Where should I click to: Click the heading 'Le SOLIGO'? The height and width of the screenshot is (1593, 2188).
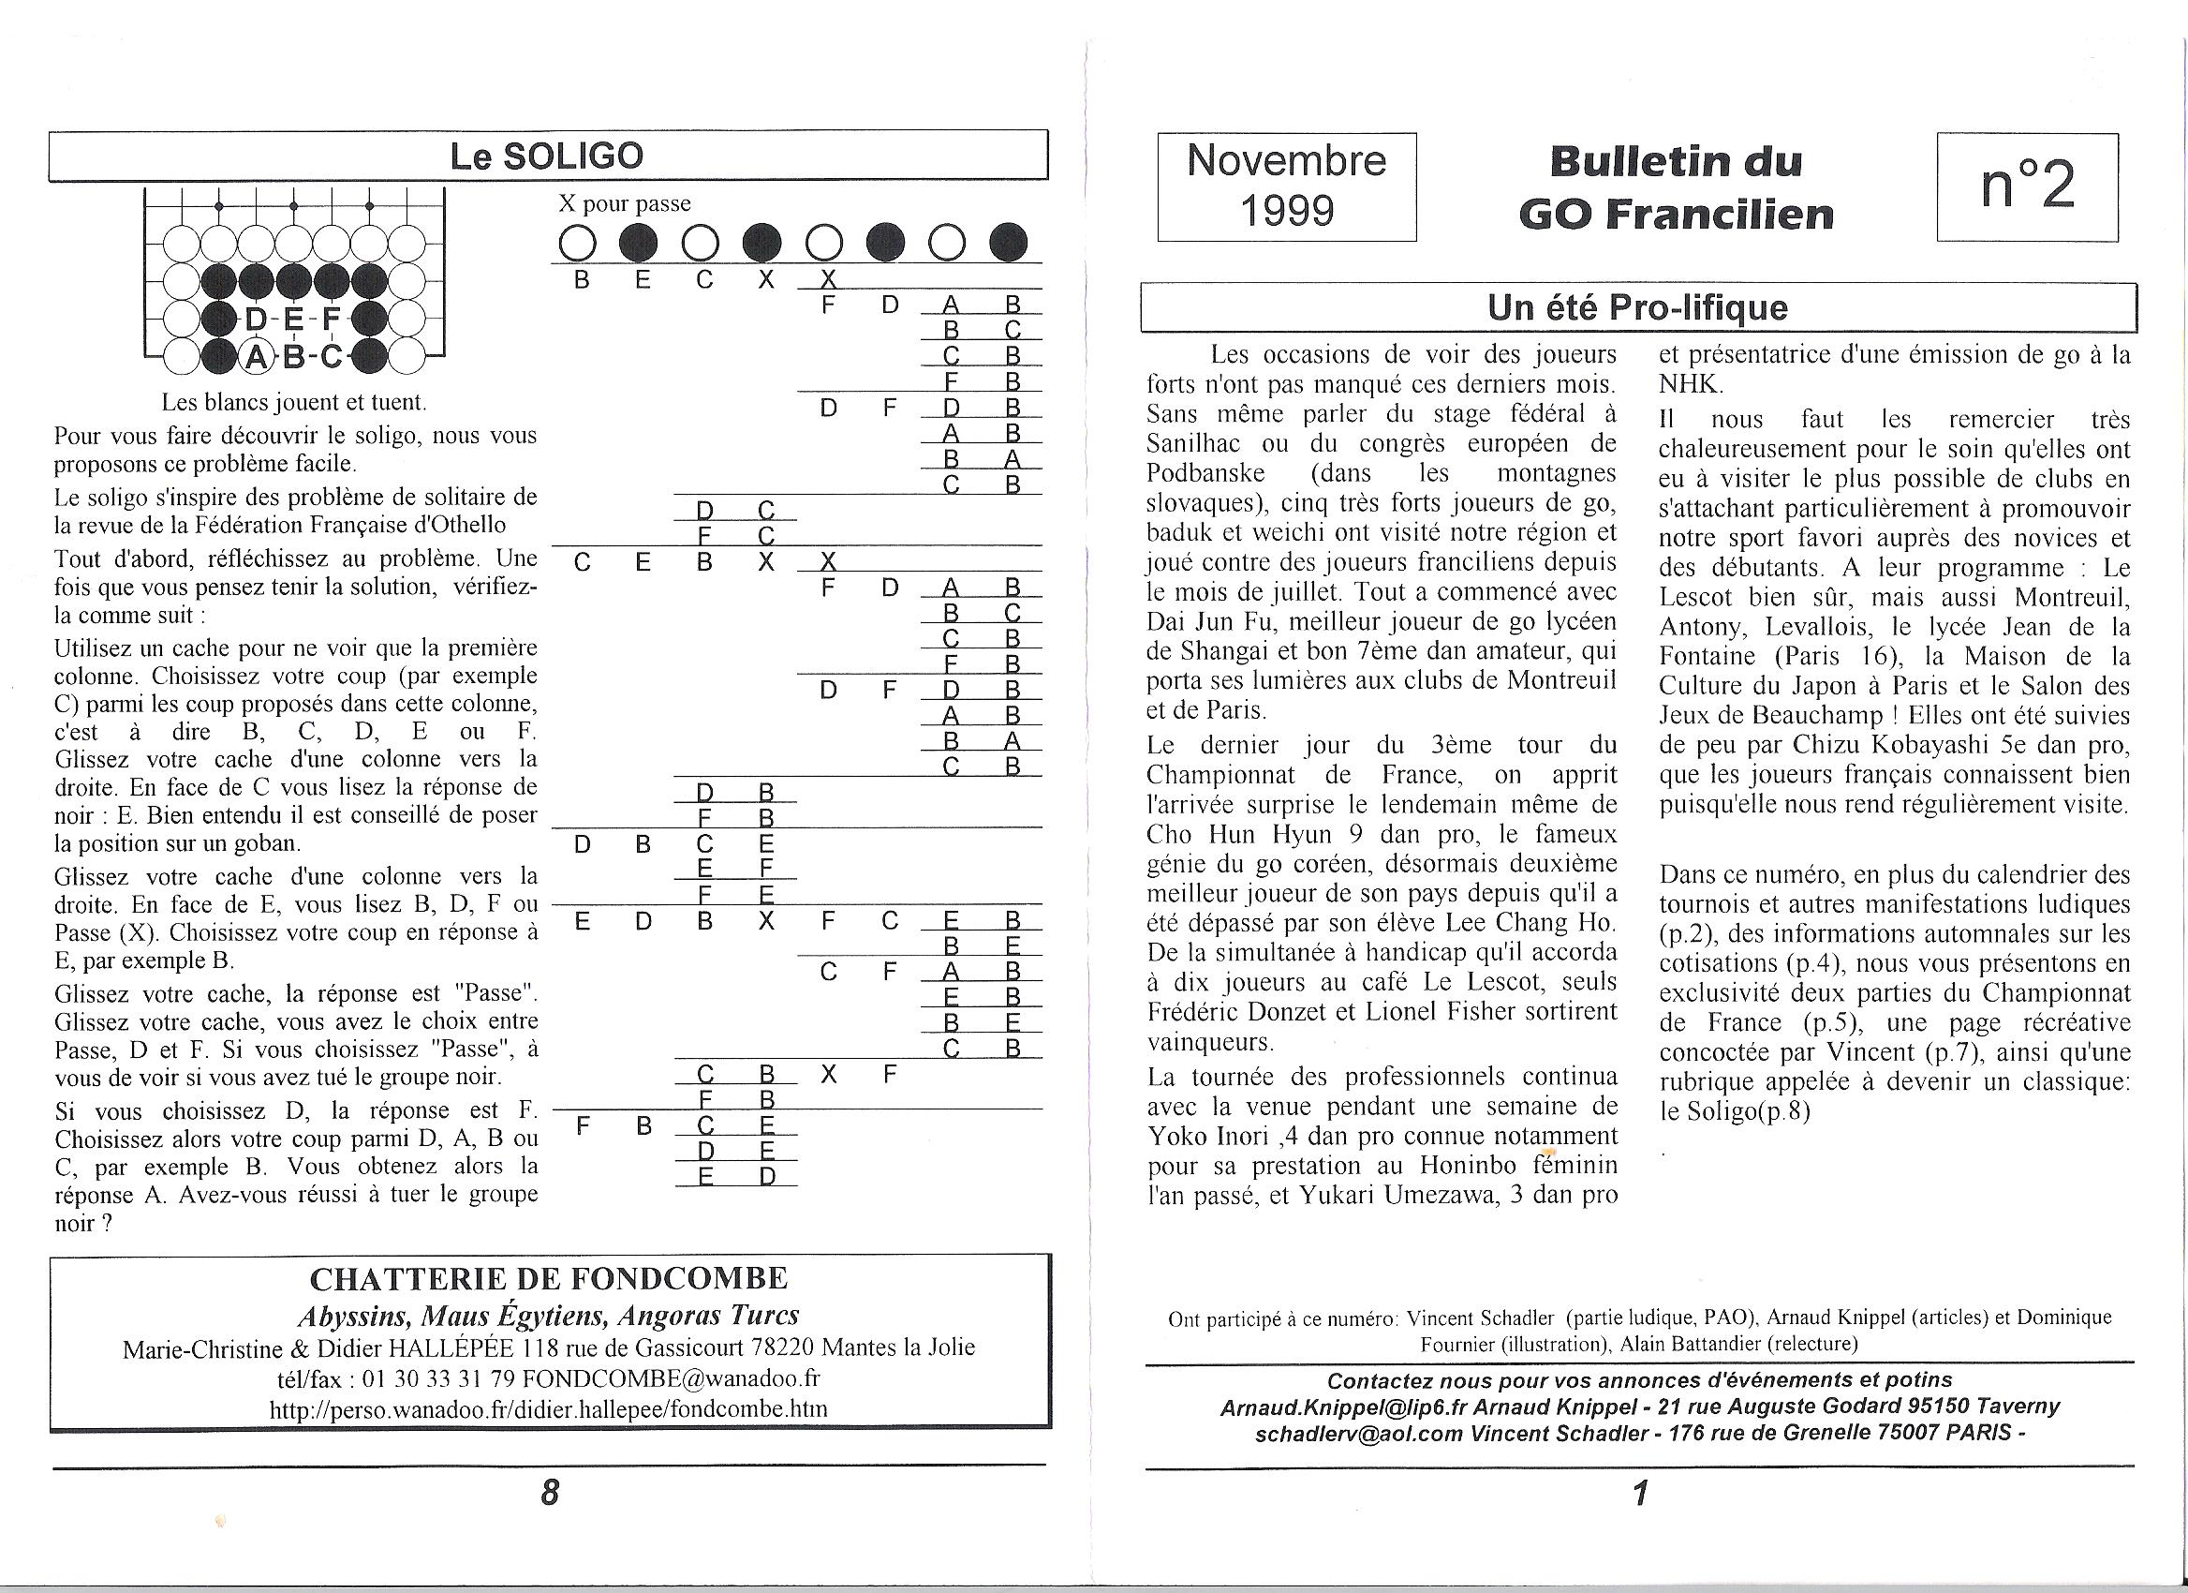click(x=546, y=156)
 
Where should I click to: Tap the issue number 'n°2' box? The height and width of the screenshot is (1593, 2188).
click(x=2027, y=186)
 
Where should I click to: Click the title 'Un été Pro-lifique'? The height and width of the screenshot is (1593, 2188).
click(x=1637, y=307)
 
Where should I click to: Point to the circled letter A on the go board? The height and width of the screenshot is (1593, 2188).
click(x=256, y=357)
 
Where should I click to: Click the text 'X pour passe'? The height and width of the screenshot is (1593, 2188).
click(x=624, y=203)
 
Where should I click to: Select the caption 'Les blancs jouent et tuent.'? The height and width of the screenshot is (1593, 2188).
click(x=293, y=401)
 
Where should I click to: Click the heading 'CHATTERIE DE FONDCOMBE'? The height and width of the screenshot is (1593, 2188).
click(x=548, y=1279)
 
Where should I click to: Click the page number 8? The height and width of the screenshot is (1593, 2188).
click(x=550, y=1493)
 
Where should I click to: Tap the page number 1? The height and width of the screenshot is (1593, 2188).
click(x=1639, y=1494)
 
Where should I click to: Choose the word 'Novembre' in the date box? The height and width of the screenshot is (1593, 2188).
click(x=1287, y=161)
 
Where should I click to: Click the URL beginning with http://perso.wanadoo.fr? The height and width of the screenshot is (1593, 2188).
click(x=548, y=1408)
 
